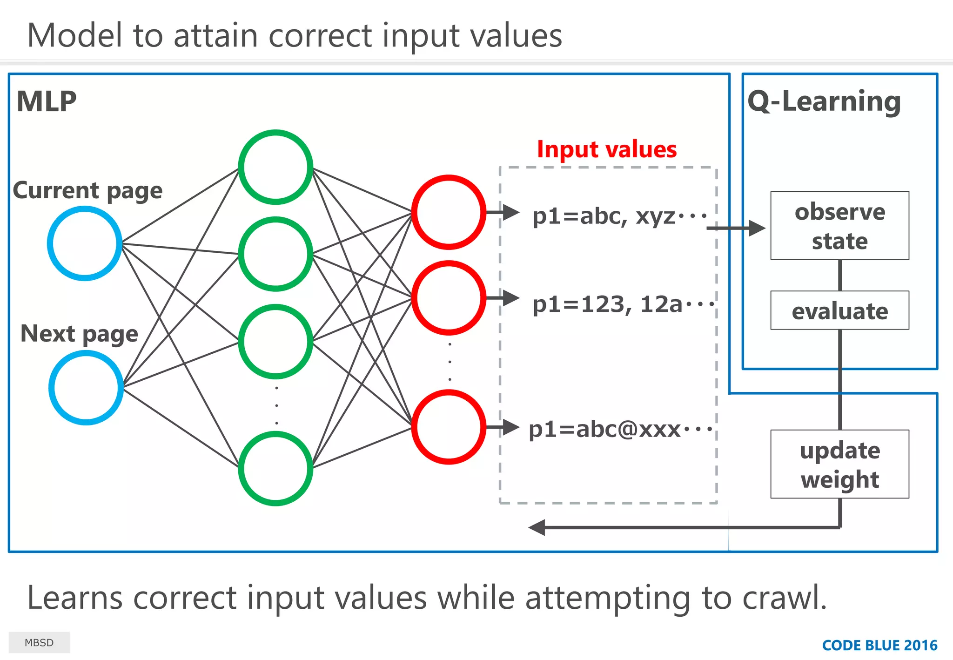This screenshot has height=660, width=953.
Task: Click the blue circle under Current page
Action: [x=85, y=243]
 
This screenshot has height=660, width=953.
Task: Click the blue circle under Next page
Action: [x=86, y=387]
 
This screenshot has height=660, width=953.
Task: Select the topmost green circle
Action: [x=275, y=167]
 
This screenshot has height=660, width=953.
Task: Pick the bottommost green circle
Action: [x=275, y=468]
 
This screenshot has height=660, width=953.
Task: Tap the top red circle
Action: [x=449, y=212]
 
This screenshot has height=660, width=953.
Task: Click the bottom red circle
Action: [x=449, y=427]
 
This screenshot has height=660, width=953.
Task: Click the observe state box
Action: [x=839, y=226]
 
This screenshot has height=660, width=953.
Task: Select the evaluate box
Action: [x=839, y=310]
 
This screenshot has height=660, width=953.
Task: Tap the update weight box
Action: [x=839, y=464]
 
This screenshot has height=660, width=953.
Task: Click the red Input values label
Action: [x=607, y=149]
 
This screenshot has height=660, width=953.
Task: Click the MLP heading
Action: [x=47, y=101]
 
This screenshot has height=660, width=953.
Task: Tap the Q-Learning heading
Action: [x=824, y=101]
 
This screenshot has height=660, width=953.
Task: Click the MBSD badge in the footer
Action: [x=39, y=642]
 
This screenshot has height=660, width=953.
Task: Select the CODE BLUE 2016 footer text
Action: [x=879, y=645]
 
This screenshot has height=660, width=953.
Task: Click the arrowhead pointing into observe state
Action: [x=757, y=228]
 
